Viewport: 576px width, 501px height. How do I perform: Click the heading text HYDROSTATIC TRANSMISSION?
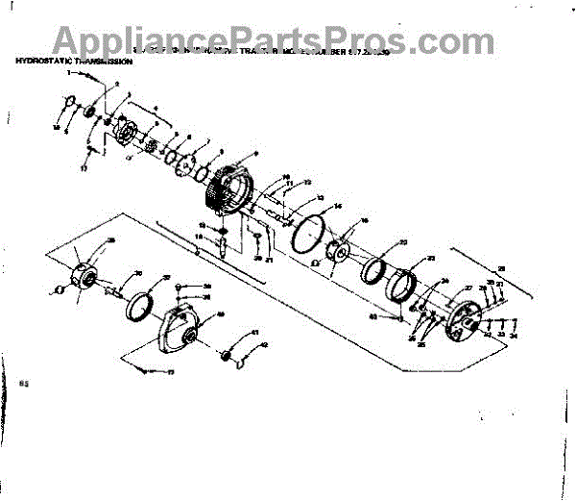point(74,61)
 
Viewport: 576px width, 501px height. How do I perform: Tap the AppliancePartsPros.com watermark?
point(288,38)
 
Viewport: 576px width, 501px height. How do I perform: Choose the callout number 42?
point(265,345)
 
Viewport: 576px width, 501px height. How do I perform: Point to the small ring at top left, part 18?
point(68,103)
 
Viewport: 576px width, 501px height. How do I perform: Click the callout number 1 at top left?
point(69,73)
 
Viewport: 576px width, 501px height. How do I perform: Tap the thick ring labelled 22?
point(377,265)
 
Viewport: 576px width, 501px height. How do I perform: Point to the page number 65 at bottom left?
point(25,383)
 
